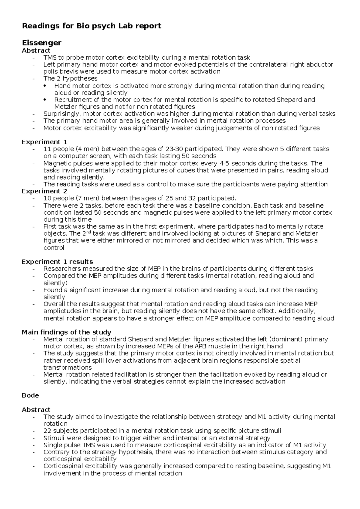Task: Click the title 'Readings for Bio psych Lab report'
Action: click(x=91, y=26)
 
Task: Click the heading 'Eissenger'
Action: click(x=41, y=43)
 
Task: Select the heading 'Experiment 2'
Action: click(x=44, y=191)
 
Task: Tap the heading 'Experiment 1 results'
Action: click(x=57, y=262)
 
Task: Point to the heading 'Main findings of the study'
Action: click(x=66, y=332)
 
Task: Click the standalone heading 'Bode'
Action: click(x=30, y=395)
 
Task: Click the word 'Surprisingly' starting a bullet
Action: click(x=62, y=114)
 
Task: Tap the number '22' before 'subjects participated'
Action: click(x=47, y=431)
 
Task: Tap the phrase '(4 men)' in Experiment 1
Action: click(x=88, y=149)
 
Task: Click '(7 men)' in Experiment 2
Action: click(x=88, y=198)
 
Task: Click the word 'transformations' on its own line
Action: click(x=67, y=368)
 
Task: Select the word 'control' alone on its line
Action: click(x=54, y=248)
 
